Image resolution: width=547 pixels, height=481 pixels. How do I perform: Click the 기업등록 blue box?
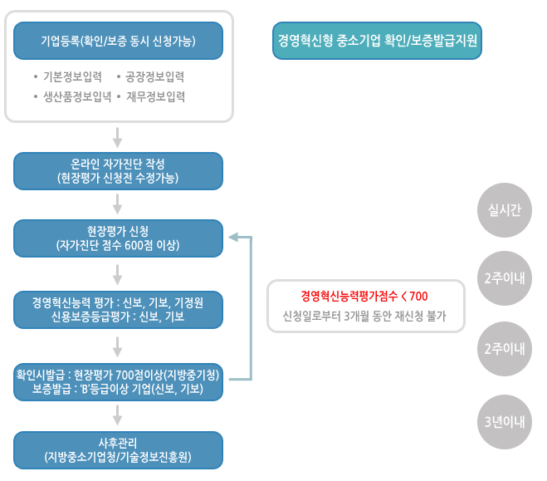119,40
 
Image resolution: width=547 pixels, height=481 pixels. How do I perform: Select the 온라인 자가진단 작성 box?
119,171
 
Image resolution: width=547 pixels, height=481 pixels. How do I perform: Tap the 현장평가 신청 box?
119,238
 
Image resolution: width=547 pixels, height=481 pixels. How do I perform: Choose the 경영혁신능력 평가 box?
119,309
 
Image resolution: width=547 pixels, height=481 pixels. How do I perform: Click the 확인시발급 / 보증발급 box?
119,381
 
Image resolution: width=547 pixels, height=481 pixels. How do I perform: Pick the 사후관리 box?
119,450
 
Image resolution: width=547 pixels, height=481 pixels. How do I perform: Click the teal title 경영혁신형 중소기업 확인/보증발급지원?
378,40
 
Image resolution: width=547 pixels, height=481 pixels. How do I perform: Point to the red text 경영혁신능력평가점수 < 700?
364,296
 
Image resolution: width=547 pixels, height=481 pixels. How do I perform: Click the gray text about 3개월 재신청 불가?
364,317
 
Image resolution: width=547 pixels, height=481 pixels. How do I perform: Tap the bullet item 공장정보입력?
154,77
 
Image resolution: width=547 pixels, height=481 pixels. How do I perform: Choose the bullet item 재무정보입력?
155,96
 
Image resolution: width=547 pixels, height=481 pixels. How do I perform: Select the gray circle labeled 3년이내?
504,421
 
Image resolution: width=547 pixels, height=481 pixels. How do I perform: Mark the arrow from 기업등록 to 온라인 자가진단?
118,136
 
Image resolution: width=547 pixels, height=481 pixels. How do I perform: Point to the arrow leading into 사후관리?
118,415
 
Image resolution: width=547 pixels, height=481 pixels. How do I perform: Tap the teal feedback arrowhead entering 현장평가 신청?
233,238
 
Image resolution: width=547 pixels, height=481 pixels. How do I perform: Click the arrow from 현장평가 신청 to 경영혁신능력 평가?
118,272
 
